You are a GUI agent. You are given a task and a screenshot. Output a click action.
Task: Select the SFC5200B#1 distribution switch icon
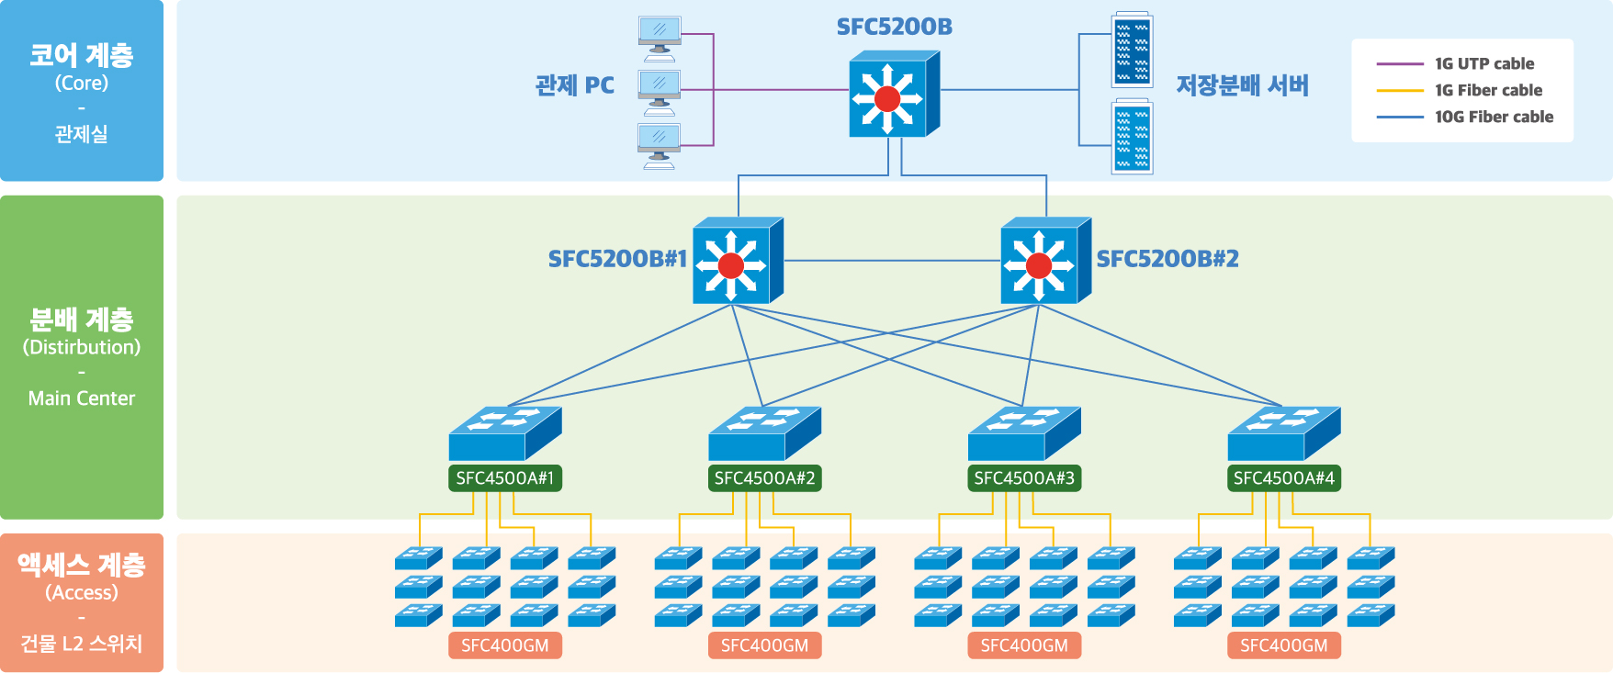737,262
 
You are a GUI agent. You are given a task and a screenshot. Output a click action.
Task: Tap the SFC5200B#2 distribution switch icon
1044,262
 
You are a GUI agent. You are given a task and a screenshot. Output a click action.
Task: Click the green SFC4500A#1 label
505,478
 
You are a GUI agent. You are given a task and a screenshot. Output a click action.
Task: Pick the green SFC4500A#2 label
764,478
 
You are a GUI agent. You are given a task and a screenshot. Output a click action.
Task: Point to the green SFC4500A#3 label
1024,478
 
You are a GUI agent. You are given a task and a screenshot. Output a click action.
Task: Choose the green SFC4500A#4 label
1283,478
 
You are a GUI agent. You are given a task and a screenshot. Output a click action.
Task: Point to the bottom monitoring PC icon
660,145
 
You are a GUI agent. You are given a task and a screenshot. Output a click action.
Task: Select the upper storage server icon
1132,50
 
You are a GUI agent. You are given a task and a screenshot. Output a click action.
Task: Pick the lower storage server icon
1132,138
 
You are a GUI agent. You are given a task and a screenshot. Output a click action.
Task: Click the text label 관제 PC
575,86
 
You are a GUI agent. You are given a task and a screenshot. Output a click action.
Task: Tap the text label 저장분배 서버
1242,86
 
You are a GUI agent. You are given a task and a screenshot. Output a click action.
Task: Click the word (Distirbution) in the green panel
82,347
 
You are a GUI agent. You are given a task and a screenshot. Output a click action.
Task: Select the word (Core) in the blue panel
82,83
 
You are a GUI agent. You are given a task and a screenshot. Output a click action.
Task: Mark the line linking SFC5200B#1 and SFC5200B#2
891,261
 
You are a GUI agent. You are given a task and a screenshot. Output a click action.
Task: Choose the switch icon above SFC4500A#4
1283,433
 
